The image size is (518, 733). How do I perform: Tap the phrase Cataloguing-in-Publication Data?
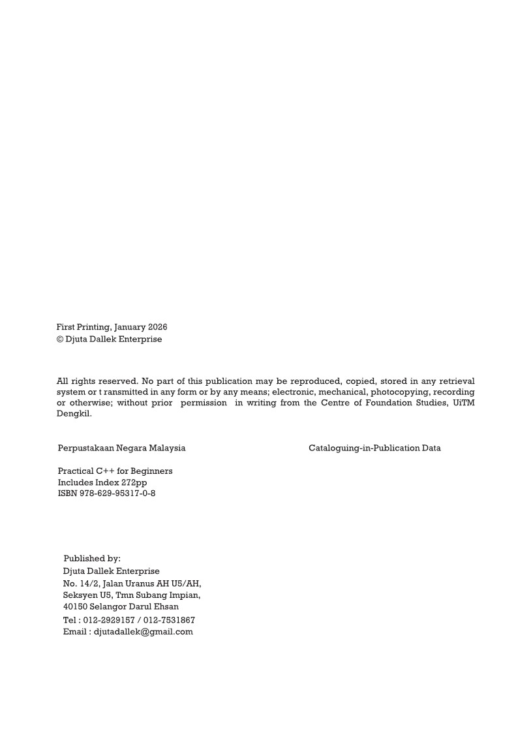374,448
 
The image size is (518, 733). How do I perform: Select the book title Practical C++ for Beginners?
115,471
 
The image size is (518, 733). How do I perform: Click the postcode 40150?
75,607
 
